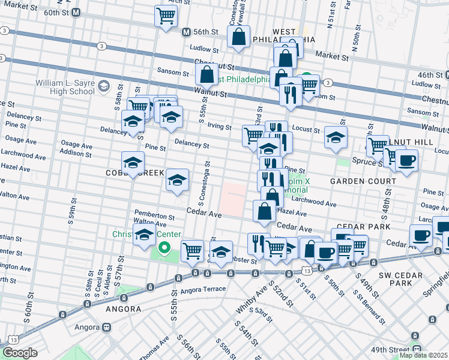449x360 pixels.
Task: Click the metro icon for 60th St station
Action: tap(76, 12)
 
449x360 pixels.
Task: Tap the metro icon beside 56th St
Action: tap(186, 32)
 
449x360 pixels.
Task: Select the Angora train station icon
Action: tap(106, 328)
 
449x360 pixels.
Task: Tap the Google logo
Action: tap(20, 353)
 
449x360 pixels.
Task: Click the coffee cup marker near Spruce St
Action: tap(406, 161)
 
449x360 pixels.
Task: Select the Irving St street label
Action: tap(220, 127)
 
